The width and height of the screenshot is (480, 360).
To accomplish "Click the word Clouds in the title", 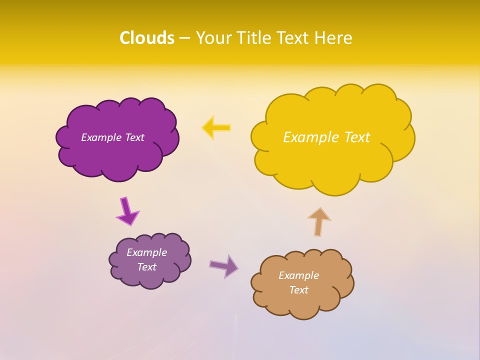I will coord(147,38).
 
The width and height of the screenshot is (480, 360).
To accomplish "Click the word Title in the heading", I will coord(254,38).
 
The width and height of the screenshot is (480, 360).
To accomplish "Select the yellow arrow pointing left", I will coord(216,128).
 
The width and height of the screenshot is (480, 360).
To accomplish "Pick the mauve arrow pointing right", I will coord(224,266).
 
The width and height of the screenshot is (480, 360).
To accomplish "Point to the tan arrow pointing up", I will coord(319,221).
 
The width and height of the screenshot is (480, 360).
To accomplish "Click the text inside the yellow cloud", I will coord(326,137).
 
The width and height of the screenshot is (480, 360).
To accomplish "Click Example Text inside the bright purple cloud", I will coord(112,137).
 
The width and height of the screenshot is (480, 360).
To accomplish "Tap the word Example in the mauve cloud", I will coord(146,252).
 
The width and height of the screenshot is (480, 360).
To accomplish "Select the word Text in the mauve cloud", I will coord(146,267).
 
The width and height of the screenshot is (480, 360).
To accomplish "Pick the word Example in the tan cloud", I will coord(298,275).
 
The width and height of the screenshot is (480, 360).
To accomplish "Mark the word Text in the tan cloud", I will coord(298,290).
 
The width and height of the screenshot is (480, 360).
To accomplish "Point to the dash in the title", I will coord(184,38).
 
